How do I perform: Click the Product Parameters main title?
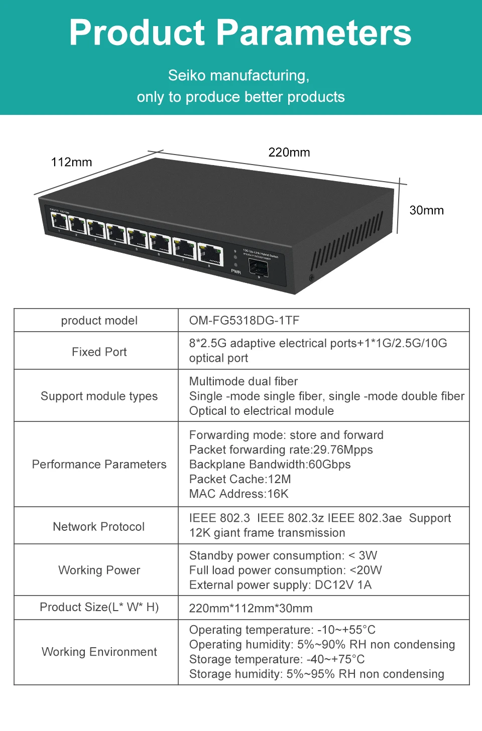240,33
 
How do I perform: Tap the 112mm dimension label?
71,162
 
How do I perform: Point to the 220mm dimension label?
289,153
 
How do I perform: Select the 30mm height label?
426,210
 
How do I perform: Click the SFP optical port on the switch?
259,268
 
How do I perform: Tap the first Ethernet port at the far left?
59,220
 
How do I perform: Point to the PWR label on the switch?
235,271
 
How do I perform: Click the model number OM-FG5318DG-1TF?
244,321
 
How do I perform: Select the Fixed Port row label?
99,352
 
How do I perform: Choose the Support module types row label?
99,396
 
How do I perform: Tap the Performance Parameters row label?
99,464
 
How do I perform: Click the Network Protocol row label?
99,526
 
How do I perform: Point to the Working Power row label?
99,570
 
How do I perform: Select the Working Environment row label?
99,652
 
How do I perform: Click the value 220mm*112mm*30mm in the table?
251,608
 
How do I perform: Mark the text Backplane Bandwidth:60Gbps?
270,464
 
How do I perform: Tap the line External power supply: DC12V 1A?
280,585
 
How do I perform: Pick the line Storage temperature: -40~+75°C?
277,659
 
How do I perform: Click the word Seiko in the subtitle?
187,75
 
